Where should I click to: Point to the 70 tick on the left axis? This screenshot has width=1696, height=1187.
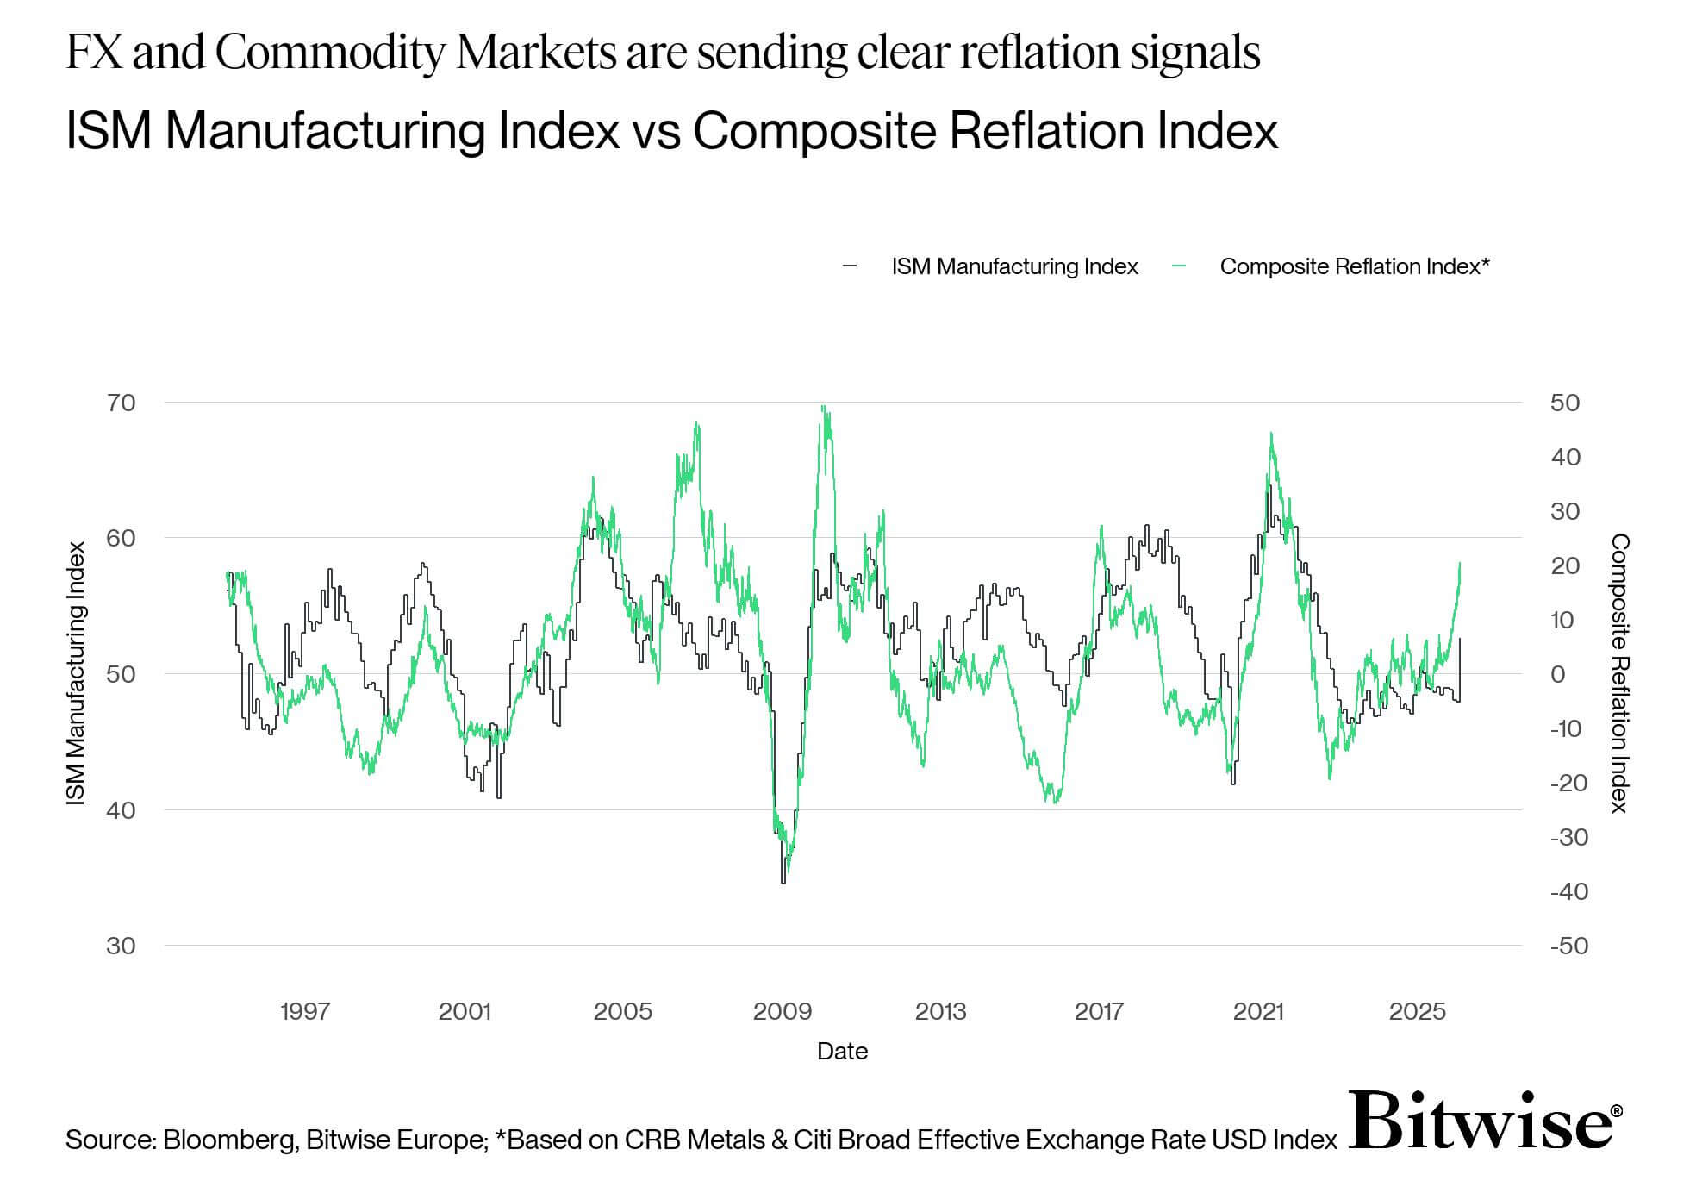122,403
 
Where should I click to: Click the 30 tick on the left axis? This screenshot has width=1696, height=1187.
122,946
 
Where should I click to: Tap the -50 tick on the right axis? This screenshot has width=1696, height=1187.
1568,946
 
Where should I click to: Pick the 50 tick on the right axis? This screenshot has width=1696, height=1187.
1564,403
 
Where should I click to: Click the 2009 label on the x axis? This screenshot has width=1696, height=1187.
782,1011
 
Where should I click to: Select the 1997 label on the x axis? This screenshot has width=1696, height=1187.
305,1011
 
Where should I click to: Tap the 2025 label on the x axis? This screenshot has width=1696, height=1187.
1417,1011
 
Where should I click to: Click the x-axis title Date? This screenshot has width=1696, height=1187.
842,1051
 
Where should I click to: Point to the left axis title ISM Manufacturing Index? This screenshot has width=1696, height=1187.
77,673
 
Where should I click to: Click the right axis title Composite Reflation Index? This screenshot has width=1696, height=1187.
1620,673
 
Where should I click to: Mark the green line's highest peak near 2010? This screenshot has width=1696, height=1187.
824,407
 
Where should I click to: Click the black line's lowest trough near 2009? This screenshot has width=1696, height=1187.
783,882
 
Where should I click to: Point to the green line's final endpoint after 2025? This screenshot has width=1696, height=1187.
1460,563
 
